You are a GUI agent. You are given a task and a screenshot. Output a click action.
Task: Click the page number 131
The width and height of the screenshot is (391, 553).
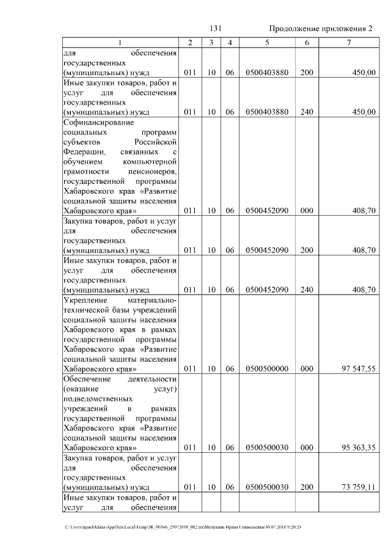pyautogui.click(x=214, y=29)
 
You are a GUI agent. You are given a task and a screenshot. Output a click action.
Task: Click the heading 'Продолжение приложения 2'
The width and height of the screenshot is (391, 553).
pyautogui.click(x=320, y=29)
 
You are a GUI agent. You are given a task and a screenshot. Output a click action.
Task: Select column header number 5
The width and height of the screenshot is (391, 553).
pyautogui.click(x=267, y=43)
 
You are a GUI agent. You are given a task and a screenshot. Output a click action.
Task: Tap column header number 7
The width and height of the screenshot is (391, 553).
pyautogui.click(x=348, y=43)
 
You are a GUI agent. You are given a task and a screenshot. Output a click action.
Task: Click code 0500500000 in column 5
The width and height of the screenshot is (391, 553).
pyautogui.click(x=266, y=368)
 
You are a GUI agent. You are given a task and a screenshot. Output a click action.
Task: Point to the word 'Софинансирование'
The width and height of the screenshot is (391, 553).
pyautogui.click(x=94, y=122)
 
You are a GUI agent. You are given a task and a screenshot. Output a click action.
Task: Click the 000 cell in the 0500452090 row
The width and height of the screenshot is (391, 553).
pyautogui.click(x=307, y=211)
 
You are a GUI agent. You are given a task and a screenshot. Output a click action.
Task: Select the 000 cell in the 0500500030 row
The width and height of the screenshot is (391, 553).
pyautogui.click(x=307, y=447)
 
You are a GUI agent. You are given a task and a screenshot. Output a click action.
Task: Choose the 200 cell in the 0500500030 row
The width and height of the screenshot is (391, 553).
pyautogui.click(x=307, y=486)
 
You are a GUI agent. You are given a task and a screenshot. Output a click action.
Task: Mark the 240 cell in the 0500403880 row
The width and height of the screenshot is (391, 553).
pyautogui.click(x=307, y=112)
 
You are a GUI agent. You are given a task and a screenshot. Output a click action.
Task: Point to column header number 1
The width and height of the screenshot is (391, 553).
pyautogui.click(x=120, y=43)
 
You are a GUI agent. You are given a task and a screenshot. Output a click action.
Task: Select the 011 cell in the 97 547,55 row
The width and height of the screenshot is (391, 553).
pyautogui.click(x=189, y=368)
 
